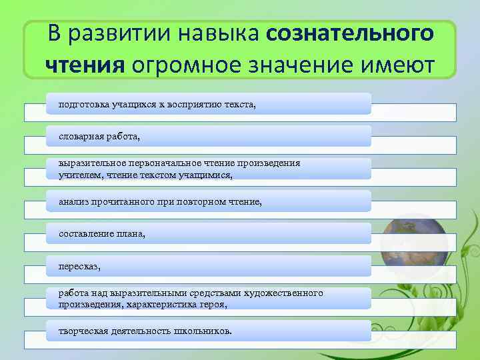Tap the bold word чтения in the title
85,65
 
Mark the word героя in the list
211,304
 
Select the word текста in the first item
240,104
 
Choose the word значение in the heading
301,65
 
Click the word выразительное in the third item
88,163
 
